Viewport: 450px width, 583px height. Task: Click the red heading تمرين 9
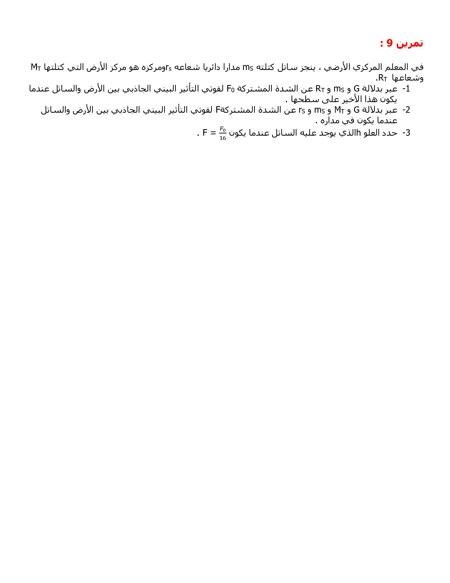pos(402,43)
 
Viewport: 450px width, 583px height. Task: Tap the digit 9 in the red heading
pos(389,43)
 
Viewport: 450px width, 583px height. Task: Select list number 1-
pos(406,89)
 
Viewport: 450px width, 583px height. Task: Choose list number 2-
pos(406,110)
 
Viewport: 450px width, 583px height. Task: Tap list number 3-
pos(406,133)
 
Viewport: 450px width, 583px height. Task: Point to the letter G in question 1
pos(356,89)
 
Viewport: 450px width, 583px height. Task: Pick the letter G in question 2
pos(356,110)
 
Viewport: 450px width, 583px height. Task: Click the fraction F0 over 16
pos(222,133)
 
